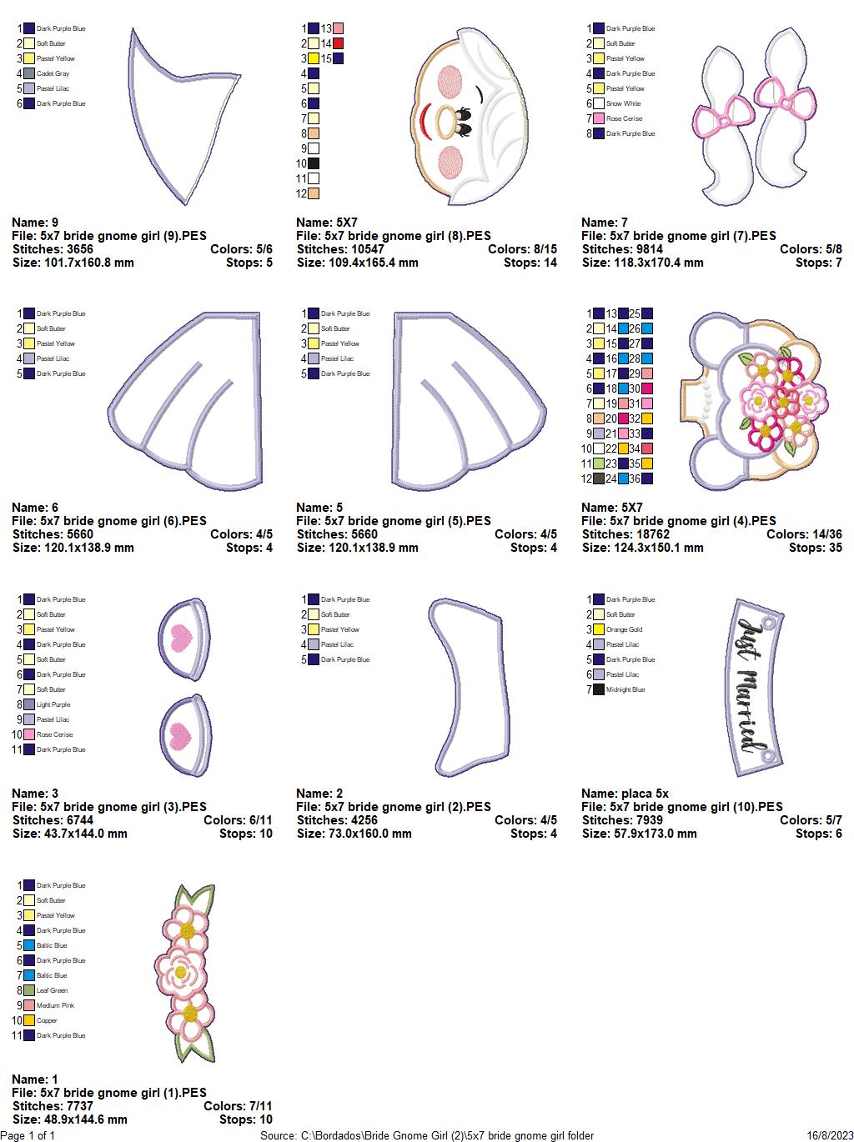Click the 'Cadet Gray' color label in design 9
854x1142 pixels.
click(x=53, y=73)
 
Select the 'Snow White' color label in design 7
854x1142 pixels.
click(x=623, y=103)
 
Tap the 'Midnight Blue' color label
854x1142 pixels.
click(x=625, y=689)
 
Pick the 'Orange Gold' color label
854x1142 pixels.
click(x=624, y=629)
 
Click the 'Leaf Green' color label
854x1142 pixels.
click(x=52, y=990)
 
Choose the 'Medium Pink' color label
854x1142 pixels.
click(x=55, y=1005)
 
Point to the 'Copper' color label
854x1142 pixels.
click(x=47, y=1020)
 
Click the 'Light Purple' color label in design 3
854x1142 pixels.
click(x=53, y=704)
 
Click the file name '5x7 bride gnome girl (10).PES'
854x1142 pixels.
click(x=681, y=807)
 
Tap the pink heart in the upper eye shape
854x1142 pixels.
click(x=181, y=639)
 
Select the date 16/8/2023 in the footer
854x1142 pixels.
click(x=830, y=1135)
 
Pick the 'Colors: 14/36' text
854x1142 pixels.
click(x=804, y=534)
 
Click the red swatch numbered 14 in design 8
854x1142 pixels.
click(x=338, y=43)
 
